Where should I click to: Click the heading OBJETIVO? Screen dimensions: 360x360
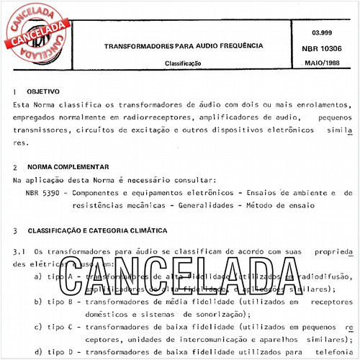43,94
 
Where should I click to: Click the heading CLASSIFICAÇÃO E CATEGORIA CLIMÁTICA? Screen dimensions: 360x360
97,231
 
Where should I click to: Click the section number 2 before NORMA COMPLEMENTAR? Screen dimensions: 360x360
15,166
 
